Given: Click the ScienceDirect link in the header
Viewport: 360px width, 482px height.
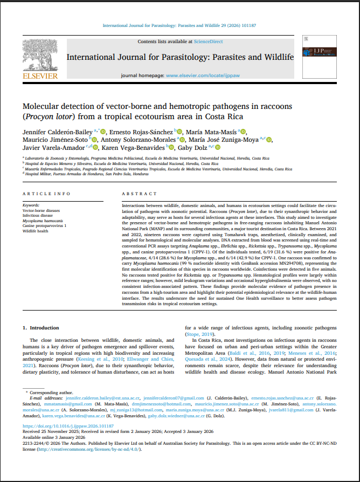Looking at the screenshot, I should point(209,42).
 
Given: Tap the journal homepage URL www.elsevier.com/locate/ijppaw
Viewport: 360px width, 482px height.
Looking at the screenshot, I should point(202,76).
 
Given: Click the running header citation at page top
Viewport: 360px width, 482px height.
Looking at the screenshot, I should point(179,25).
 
